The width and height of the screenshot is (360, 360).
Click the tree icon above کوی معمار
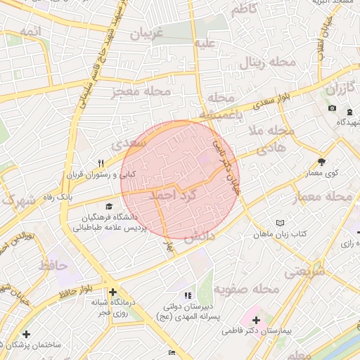(x=322, y=161)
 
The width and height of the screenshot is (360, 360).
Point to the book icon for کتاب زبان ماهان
(x=281, y=221)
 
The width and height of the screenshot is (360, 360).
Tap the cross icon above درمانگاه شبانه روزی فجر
(x=112, y=292)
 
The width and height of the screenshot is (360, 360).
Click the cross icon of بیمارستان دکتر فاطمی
(x=256, y=321)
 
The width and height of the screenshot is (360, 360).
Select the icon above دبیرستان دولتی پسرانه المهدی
(x=186, y=296)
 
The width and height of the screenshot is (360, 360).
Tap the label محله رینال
(x=270, y=63)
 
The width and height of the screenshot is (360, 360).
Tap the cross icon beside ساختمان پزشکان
(x=27, y=335)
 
